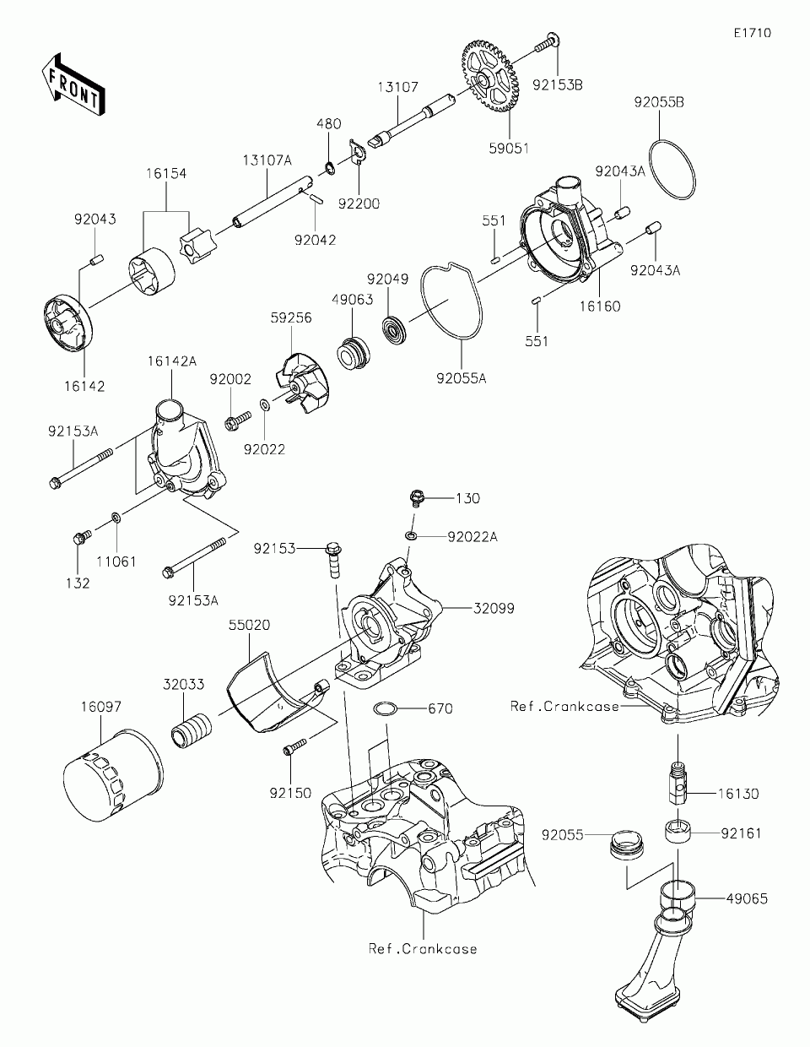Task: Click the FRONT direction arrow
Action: (73, 84)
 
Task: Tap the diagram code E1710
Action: (753, 33)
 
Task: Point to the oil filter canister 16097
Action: (113, 778)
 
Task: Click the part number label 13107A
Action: (267, 160)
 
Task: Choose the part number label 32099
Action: (494, 609)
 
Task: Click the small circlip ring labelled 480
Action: (330, 169)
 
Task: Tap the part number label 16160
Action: (600, 307)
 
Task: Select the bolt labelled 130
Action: (418, 497)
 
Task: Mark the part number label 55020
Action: (249, 625)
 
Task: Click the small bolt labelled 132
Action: (82, 537)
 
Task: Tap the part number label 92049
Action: (387, 279)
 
